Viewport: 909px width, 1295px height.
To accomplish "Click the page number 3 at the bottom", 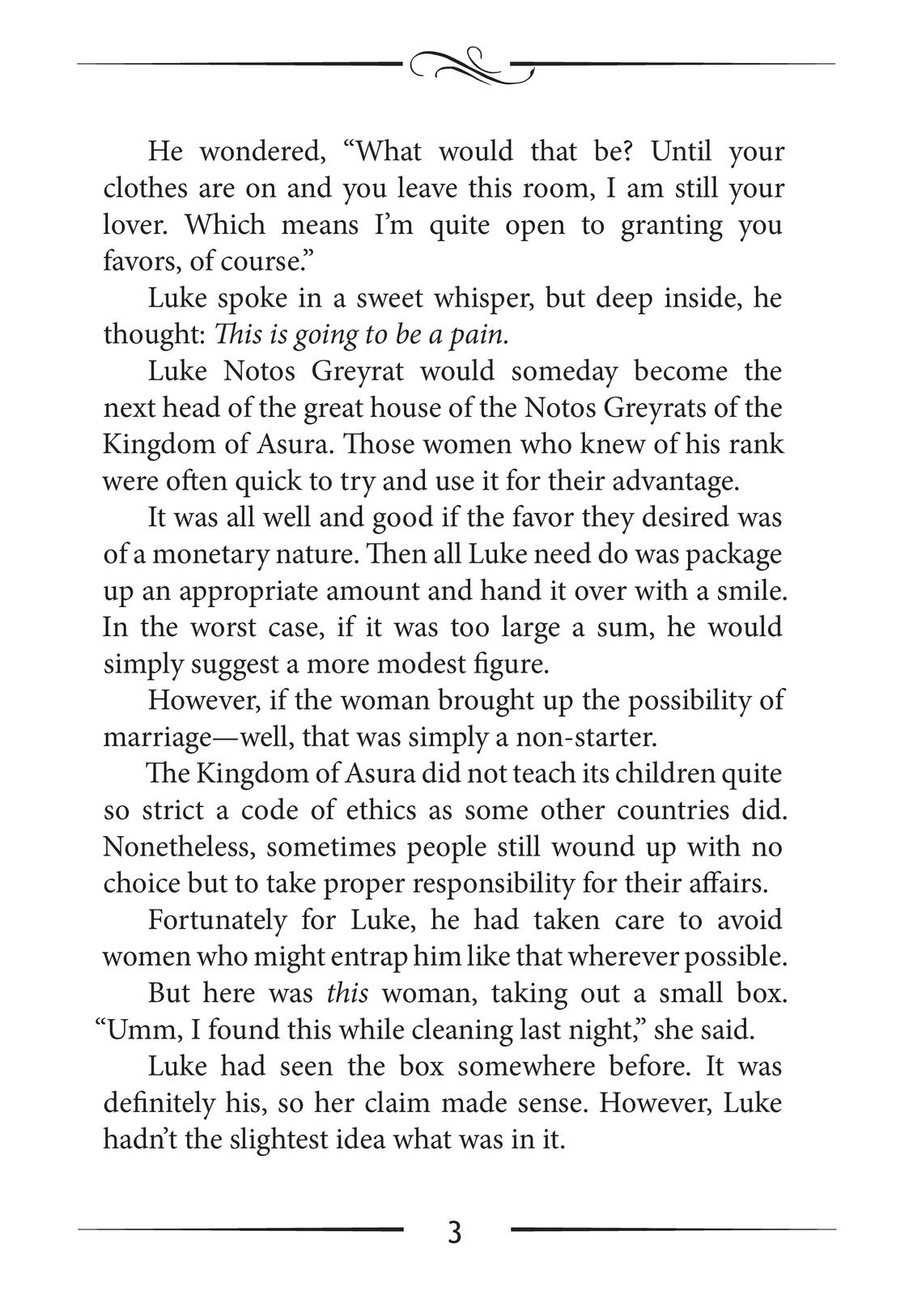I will [x=454, y=1233].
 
